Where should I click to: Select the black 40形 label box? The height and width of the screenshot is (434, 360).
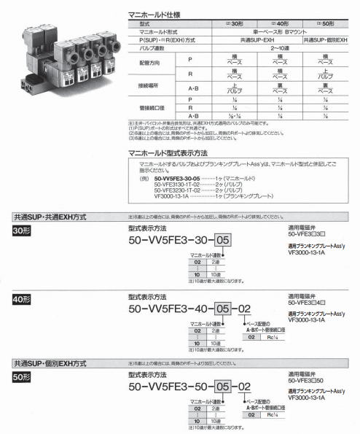(22, 300)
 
